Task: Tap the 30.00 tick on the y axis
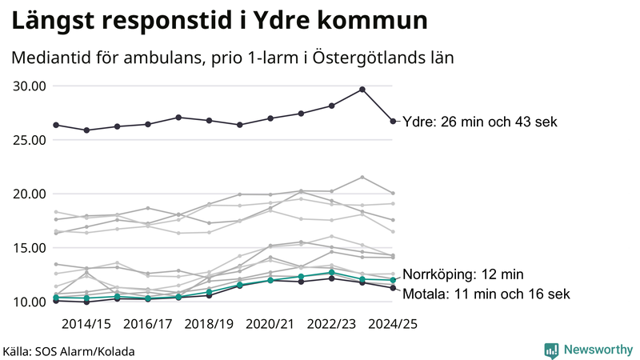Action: point(30,86)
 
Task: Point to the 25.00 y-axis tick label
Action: point(30,140)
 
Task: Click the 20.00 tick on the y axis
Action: point(30,194)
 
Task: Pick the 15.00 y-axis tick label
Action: point(30,248)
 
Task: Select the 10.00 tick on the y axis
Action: point(30,302)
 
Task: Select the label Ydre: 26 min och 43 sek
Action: point(480,122)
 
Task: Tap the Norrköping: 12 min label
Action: point(462,274)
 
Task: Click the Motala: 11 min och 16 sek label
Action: point(486,294)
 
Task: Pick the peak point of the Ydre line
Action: point(362,89)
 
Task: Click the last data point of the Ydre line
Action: point(393,122)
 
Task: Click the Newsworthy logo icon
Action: point(551,350)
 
